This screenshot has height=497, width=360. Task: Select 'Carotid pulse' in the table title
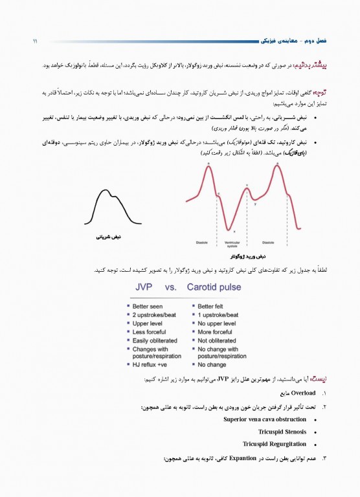[214, 287]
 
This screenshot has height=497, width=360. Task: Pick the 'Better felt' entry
[213, 306]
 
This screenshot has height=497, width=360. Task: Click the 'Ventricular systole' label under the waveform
[232, 245]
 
